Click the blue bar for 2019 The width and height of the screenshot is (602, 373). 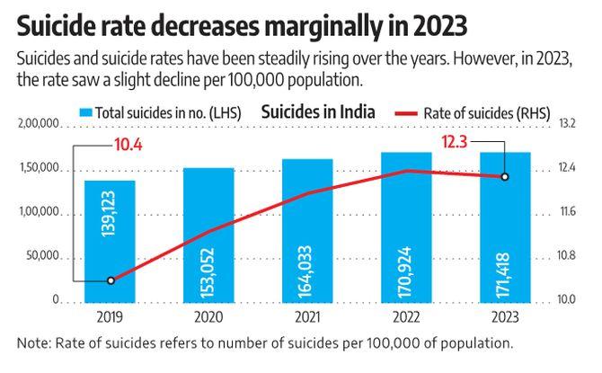pos(111,240)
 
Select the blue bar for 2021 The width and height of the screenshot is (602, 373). pos(307,230)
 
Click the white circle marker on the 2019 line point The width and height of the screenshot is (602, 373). pos(111,280)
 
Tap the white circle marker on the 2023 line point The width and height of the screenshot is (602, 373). pos(505,176)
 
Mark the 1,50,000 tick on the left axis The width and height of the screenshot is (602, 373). pos(39,168)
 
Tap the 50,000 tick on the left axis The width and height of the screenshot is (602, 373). pos(42,257)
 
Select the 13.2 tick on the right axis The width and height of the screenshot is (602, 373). pos(567,124)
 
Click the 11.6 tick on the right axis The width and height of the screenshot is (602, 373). pos(567,212)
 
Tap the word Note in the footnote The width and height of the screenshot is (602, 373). pos(33,343)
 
